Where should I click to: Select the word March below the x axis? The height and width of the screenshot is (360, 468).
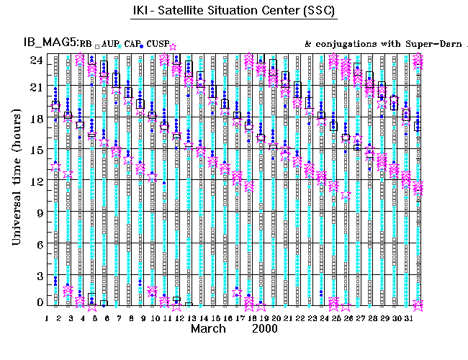[x=210, y=328]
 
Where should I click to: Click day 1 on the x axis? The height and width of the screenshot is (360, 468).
[x=48, y=318]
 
